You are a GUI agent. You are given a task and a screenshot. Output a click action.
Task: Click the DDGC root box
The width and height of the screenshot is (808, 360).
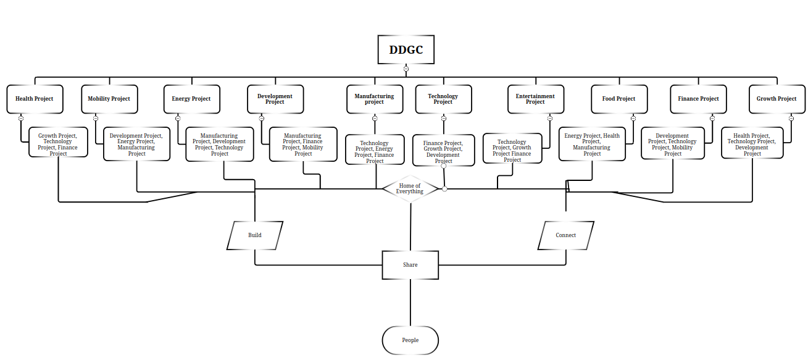(406, 50)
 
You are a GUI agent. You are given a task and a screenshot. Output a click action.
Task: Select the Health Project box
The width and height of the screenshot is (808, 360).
(35, 99)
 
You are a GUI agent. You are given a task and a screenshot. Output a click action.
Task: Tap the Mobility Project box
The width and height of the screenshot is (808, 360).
(109, 99)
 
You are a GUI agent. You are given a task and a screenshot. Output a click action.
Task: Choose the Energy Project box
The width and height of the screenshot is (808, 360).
(191, 99)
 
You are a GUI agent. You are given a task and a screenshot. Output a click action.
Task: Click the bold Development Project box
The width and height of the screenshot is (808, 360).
(275, 99)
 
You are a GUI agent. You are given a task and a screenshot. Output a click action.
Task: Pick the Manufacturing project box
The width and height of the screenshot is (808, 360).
(374, 99)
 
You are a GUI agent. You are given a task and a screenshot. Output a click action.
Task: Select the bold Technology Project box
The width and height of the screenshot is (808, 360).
(443, 99)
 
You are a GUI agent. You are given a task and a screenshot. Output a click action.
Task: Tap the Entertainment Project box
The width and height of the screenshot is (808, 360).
(535, 99)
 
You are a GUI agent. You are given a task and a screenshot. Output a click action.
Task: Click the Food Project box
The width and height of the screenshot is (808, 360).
(618, 99)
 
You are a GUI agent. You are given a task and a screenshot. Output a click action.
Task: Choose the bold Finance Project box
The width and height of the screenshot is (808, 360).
(698, 99)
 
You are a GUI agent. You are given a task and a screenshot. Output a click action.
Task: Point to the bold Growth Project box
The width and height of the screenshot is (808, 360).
(777, 99)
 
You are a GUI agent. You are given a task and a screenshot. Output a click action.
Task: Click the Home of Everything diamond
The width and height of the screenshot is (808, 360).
(410, 189)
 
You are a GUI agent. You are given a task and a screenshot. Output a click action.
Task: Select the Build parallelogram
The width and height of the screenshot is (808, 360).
(255, 235)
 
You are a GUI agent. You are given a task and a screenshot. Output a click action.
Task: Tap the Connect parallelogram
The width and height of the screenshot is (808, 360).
(565, 235)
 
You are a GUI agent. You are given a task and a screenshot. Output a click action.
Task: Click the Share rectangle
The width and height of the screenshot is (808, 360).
(410, 265)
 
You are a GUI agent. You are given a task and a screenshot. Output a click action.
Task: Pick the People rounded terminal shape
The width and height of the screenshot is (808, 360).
(410, 340)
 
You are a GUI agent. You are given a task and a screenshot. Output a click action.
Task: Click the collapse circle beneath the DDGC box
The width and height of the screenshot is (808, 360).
(406, 69)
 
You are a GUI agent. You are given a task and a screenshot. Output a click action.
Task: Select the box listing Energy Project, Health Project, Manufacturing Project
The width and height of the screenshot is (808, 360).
(592, 144)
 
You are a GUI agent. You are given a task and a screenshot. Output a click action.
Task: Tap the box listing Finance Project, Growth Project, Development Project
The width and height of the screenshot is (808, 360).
(443, 151)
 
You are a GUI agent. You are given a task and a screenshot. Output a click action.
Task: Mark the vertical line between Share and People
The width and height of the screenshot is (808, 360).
(410, 303)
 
